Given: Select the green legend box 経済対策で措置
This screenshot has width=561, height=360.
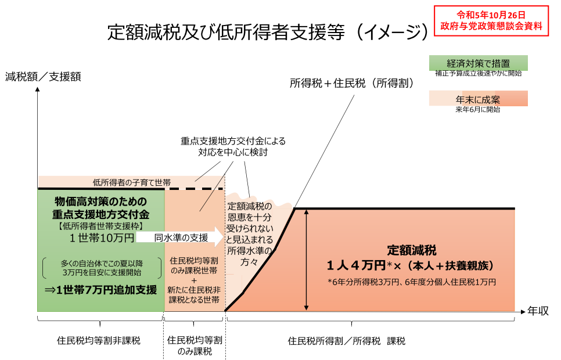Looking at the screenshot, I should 478,63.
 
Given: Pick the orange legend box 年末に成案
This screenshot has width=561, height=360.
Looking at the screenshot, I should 478,98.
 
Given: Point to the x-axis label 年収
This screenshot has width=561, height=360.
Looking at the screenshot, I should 538,311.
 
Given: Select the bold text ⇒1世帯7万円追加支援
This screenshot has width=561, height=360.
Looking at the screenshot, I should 101,289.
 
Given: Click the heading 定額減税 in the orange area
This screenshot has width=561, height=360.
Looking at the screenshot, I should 412,250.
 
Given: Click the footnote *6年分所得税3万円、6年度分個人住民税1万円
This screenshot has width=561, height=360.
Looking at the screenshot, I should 412,282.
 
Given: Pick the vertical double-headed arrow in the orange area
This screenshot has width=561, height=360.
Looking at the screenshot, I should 307,260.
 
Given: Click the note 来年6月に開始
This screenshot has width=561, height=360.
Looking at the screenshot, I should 478,109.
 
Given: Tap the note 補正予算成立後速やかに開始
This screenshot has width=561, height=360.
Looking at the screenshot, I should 478,74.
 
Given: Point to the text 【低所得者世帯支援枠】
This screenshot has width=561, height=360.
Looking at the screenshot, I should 101,226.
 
